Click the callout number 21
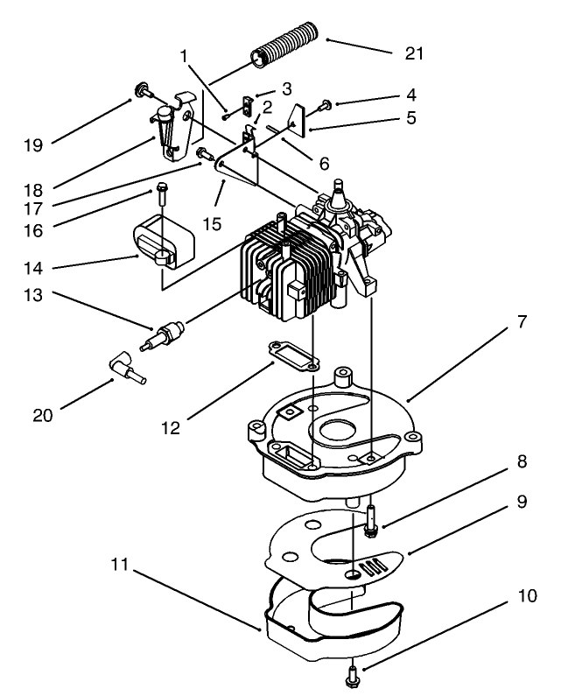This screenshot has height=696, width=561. [413, 53]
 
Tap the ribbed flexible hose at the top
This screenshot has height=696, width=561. [284, 51]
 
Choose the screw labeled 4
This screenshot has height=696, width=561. [324, 104]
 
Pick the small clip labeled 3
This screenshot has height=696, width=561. [248, 107]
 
